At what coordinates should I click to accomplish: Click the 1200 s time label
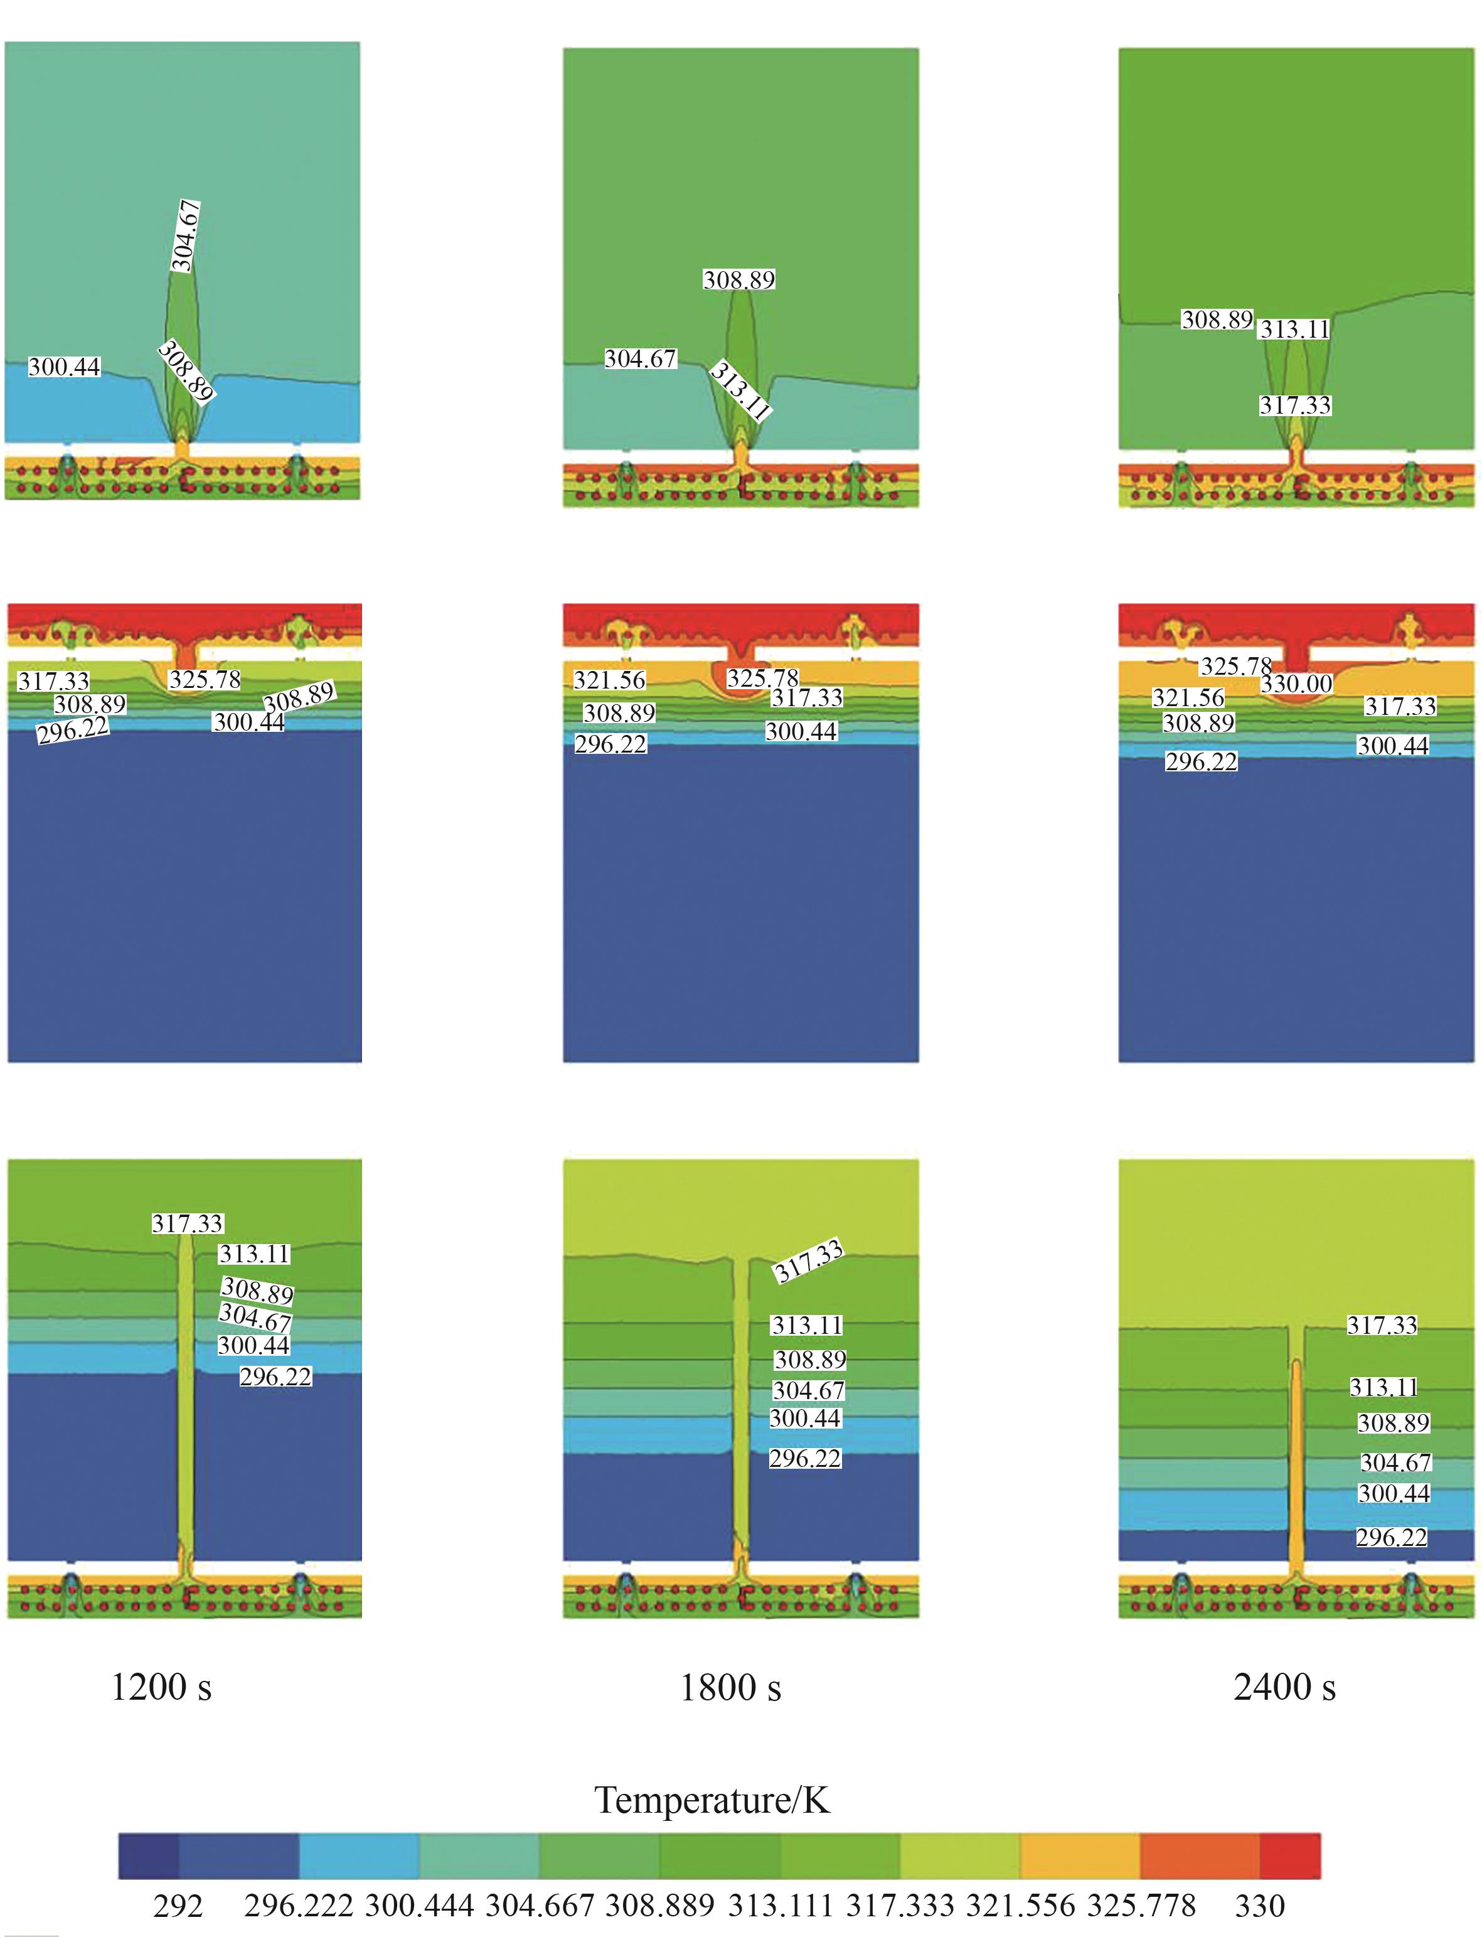tap(161, 1687)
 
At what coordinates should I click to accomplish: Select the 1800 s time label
tap(730, 1687)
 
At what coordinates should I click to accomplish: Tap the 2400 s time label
tap(1284, 1687)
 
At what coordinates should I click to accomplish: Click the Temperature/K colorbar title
tap(713, 1800)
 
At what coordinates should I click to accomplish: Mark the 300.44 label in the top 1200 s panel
tap(65, 367)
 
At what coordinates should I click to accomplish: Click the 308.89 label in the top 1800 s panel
tap(739, 280)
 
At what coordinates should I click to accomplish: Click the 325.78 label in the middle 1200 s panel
tap(205, 680)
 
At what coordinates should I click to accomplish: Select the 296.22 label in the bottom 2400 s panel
tap(1391, 1537)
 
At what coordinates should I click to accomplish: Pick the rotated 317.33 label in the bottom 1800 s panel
tap(809, 1262)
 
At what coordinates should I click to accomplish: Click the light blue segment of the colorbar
tap(359, 1856)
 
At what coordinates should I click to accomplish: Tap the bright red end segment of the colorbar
tap(1290, 1856)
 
